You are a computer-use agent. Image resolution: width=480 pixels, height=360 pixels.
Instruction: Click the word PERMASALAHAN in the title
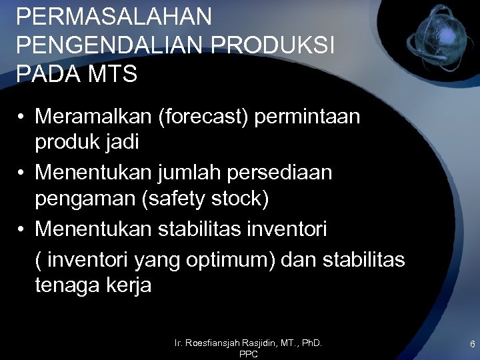[x=114, y=17]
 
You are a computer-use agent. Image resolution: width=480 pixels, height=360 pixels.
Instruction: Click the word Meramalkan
[x=94, y=117]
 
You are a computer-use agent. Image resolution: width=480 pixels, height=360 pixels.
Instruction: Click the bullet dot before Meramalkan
[x=22, y=117]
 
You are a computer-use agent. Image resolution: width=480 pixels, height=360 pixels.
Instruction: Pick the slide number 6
[x=472, y=344]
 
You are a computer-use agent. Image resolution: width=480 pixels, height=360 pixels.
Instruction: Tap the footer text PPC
[x=248, y=355]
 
